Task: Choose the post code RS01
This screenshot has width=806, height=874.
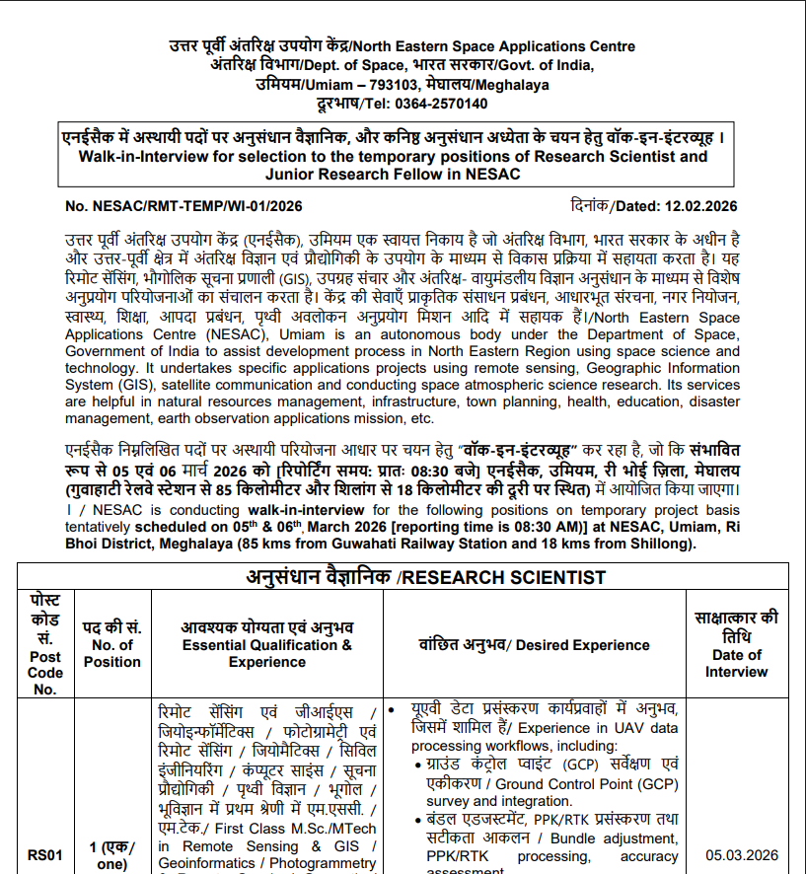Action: point(45,855)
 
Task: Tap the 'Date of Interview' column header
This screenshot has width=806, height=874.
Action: point(736,663)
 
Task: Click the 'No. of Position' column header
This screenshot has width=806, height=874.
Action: point(111,653)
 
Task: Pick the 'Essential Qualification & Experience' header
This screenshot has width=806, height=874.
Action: point(266,653)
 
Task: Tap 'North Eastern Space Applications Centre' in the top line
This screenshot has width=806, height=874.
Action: point(494,46)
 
